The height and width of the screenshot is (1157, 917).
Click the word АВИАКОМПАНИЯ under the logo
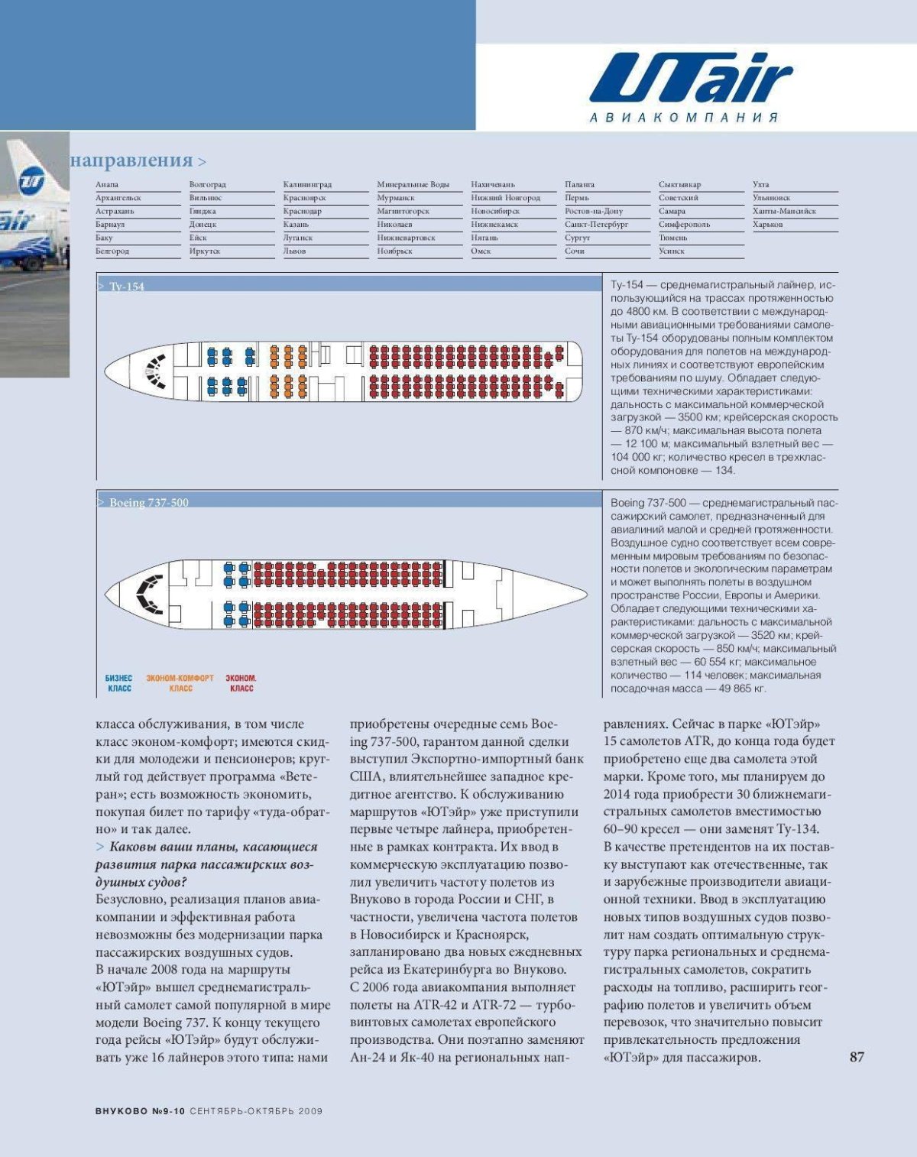[x=684, y=118]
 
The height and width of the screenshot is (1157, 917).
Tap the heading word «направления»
[x=131, y=160]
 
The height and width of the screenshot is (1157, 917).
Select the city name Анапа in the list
[x=107, y=185]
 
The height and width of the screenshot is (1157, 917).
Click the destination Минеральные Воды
[x=413, y=185]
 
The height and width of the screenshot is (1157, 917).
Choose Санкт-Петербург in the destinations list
[x=596, y=225]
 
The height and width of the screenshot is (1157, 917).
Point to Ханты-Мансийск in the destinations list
[x=784, y=212]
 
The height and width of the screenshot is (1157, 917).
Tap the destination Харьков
[x=767, y=225]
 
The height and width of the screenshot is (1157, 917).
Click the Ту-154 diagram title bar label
[x=126, y=287]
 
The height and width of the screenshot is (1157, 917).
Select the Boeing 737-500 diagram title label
[x=148, y=502]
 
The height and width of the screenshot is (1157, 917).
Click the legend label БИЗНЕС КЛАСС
[x=119, y=683]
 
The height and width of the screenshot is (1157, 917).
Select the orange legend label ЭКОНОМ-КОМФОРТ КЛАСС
[x=180, y=683]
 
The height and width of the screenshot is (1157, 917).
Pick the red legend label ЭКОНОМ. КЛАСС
[x=241, y=683]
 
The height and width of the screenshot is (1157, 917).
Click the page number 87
[x=857, y=1057]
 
